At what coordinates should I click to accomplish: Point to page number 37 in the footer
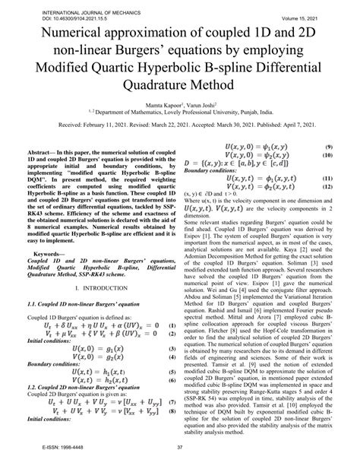click(180, 458)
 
